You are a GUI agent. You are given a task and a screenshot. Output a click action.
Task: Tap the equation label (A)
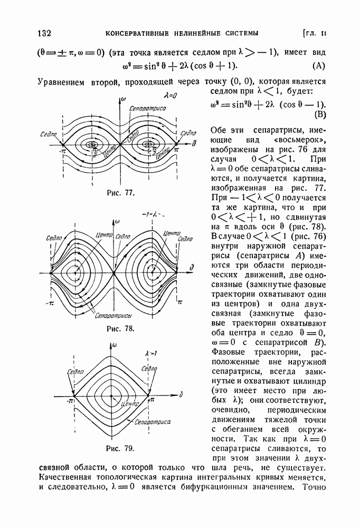(319, 66)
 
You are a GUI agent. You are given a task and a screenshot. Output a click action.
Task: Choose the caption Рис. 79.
(120, 449)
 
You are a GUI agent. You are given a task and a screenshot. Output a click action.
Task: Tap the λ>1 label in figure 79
(143, 351)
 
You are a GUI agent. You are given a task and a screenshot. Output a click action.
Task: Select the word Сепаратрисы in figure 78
(114, 316)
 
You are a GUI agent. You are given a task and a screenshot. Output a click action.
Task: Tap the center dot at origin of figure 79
(111, 394)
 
